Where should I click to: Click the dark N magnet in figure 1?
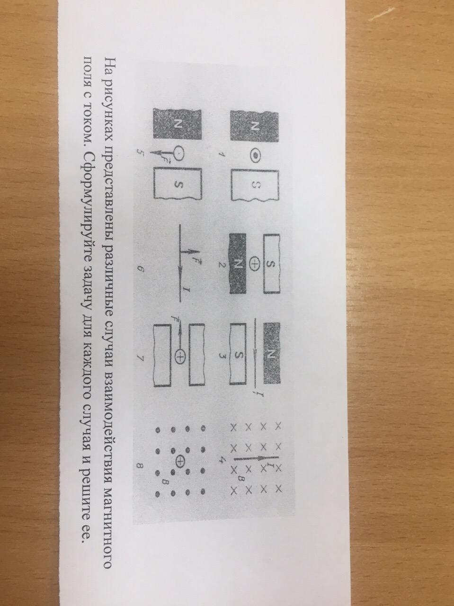255,126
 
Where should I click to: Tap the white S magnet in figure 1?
255,185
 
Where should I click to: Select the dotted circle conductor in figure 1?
255,156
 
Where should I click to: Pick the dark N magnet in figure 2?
237,264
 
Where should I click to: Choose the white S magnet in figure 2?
272,263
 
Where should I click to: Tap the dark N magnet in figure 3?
272,353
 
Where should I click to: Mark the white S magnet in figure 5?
178,183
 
